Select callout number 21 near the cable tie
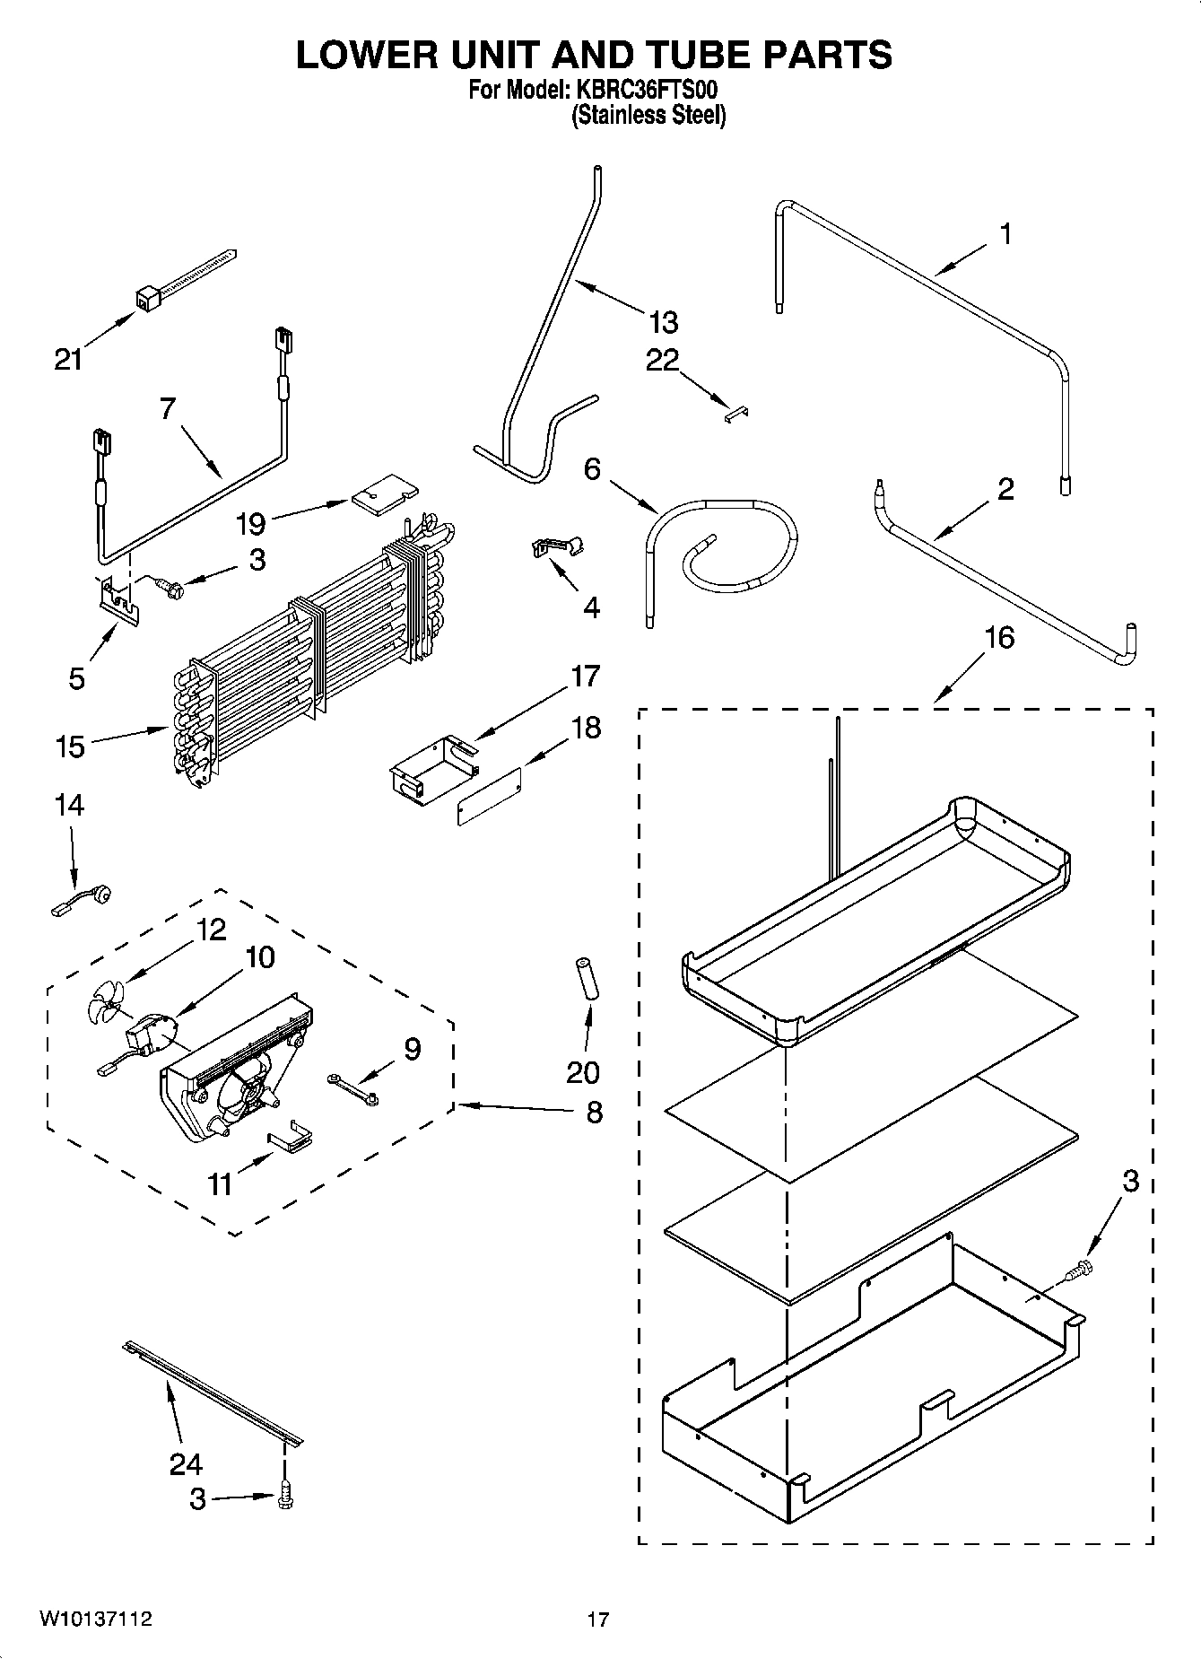point(68,360)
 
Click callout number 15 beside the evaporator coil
point(70,747)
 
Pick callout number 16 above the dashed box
point(999,638)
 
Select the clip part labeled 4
point(556,546)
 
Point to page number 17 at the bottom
point(598,1620)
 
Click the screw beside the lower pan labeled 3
point(1077,1270)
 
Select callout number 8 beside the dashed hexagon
point(594,1113)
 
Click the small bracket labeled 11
point(291,1139)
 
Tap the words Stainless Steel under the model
point(648,116)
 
